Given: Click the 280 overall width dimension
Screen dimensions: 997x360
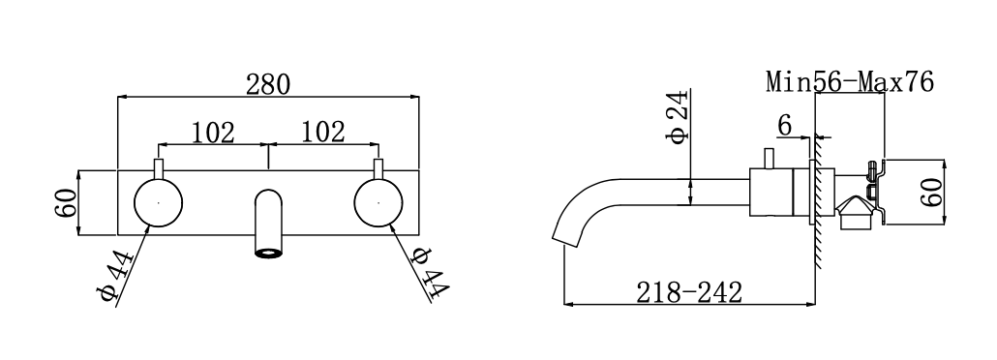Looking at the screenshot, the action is (268, 84).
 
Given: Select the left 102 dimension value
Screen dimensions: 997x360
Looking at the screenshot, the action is (213, 133).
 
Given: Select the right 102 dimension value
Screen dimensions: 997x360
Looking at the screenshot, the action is (323, 133).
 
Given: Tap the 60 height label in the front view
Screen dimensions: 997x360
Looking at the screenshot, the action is (66, 203).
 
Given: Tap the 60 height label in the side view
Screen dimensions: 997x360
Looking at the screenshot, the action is (931, 192).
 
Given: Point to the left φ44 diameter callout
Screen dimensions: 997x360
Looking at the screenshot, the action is (116, 275).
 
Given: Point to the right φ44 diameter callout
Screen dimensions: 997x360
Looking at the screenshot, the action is (430, 272).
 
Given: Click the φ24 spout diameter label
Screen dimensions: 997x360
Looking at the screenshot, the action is (677, 117).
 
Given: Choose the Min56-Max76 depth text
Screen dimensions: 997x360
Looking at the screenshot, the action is (850, 82).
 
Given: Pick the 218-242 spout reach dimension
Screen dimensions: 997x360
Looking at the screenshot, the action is (689, 292).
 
